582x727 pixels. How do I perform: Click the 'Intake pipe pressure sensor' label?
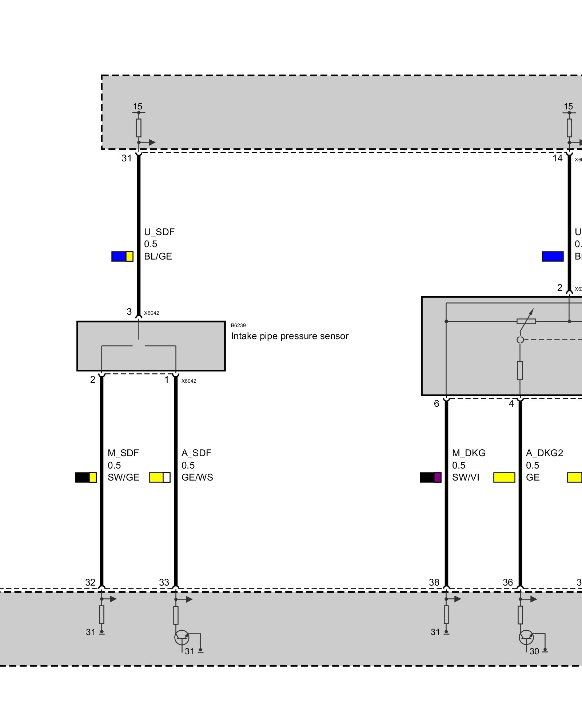[290, 336]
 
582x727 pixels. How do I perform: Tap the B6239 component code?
[238, 325]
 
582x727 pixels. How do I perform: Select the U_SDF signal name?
[159, 232]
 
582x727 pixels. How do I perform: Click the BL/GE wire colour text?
[158, 256]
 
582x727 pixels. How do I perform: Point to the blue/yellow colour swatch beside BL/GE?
[122, 257]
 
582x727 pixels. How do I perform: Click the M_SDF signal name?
[123, 453]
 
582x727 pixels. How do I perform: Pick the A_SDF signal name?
[196, 453]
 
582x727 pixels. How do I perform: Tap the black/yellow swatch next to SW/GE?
[86, 477]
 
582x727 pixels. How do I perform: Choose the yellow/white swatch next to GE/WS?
[160, 477]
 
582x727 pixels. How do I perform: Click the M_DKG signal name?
[469, 453]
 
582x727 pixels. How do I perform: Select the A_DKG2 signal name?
[545, 453]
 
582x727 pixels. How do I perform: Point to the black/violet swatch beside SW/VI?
[431, 477]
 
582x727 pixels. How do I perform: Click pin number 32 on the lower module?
[90, 582]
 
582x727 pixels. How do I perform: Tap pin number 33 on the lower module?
[164, 582]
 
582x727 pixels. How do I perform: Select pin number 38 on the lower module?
[434, 582]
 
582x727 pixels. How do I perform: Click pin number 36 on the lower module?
[508, 582]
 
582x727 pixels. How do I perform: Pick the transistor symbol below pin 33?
[182, 637]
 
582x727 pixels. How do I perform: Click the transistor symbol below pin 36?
[526, 637]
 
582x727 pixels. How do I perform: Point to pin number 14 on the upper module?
[557, 158]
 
